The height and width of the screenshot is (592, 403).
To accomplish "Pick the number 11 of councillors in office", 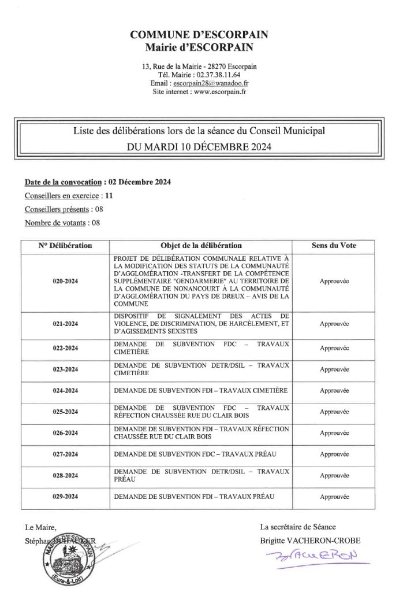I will (x=109, y=195).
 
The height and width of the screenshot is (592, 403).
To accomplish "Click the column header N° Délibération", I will (x=65, y=245).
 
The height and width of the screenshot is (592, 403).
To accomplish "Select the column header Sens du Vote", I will (x=334, y=245).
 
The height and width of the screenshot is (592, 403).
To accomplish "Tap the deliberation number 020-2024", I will (x=65, y=280).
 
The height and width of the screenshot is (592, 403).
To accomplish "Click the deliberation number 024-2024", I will (x=65, y=391).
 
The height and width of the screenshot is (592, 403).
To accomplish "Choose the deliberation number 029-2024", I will (x=65, y=497).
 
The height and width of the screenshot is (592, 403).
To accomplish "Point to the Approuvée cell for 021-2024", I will (x=334, y=324).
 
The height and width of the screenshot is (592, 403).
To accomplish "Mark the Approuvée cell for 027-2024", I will (x=334, y=454).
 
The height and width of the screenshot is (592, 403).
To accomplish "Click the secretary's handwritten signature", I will (x=312, y=557).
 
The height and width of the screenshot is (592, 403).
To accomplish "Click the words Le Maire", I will (x=40, y=527).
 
